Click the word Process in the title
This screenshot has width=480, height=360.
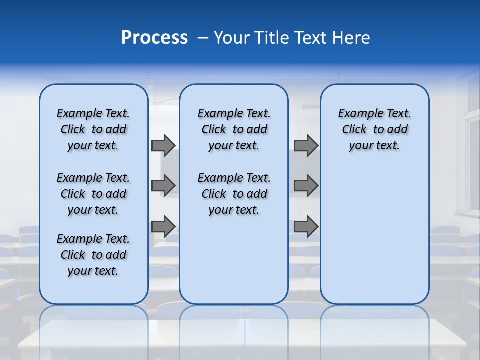point(154,38)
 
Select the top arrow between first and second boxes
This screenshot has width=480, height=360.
point(163,145)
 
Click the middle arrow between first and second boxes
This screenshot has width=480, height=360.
point(163,186)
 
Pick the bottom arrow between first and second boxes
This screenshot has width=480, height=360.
point(163,227)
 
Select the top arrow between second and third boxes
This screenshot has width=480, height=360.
point(306,145)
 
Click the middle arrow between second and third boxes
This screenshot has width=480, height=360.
point(306,186)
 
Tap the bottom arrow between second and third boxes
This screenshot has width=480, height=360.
point(306,227)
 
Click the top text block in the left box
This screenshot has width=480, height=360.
point(93,129)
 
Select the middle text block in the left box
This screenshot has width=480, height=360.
point(93,194)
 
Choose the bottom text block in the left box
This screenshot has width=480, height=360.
point(93,255)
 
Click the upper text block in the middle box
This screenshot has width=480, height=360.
point(234,129)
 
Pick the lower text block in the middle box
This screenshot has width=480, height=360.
point(234,194)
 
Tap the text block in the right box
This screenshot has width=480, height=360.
point(375,129)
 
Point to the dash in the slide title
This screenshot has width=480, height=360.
point(203,38)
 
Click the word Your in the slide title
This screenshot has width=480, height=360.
point(232,38)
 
